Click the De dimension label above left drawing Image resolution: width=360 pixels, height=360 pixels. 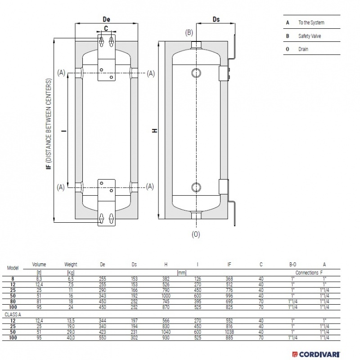pyautogui.click(x=107, y=20)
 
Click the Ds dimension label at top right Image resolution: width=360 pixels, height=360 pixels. pyautogui.click(x=216, y=20)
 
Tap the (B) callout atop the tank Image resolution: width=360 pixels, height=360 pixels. pyautogui.click(x=189, y=32)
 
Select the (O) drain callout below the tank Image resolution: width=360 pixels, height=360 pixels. pyautogui.click(x=196, y=234)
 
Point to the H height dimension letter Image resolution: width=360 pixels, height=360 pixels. pyautogui.click(x=154, y=131)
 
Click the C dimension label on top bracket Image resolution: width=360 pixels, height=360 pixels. pyautogui.click(x=106, y=29)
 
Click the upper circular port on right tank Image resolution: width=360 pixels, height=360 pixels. pyautogui.click(x=196, y=72)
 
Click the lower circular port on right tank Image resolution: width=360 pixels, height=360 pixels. pyautogui.click(x=196, y=187)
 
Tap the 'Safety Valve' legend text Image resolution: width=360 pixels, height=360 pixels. pyautogui.click(x=310, y=36)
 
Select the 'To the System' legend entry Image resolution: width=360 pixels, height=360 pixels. pyautogui.click(x=311, y=22)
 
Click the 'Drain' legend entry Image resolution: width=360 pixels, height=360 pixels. pyautogui.click(x=303, y=49)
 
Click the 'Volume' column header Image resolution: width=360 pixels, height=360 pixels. pyautogui.click(x=39, y=265)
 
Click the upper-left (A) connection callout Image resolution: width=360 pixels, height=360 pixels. pyautogui.click(x=62, y=72)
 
